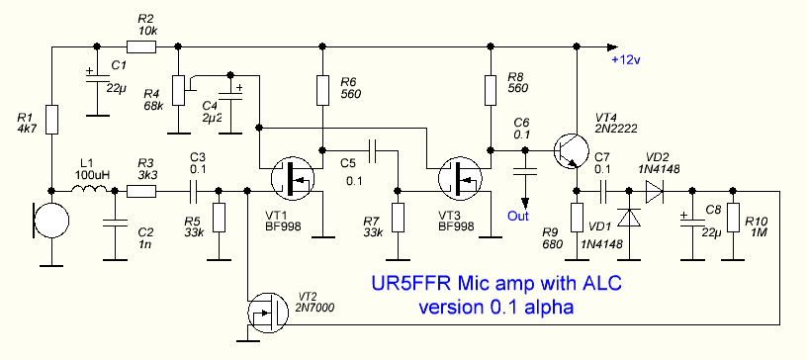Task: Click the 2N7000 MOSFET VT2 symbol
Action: point(268,315)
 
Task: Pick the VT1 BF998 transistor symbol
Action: point(292,178)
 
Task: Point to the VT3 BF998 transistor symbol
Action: point(459,178)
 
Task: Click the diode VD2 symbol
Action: point(654,191)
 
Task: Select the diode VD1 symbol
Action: point(628,217)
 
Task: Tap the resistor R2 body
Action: point(141,47)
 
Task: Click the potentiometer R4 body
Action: point(178,90)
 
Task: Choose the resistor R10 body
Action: point(732,218)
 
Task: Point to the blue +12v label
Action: point(625,60)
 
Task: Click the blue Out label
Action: point(517,216)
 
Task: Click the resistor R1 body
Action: point(51,120)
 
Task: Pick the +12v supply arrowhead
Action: point(612,46)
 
